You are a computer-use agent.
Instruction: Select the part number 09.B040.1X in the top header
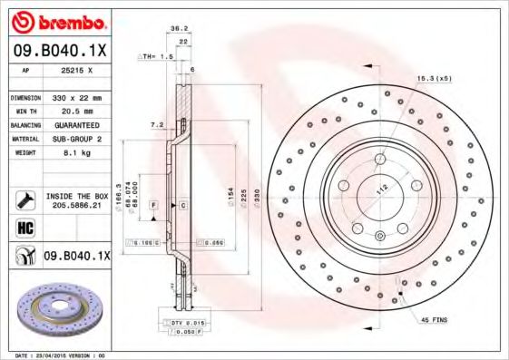click(x=58, y=51)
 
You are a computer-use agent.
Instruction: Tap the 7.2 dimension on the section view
click(x=155, y=123)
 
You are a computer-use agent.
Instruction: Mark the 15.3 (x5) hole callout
click(x=435, y=79)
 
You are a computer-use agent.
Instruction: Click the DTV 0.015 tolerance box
click(x=185, y=323)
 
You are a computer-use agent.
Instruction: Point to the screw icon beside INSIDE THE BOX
click(x=25, y=199)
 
